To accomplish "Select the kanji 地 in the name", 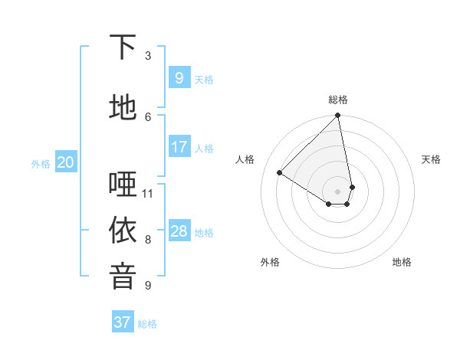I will [123, 108].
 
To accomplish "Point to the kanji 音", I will [123, 277].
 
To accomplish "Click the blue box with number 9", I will [179, 78].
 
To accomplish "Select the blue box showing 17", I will [179, 147].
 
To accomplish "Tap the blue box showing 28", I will [179, 231].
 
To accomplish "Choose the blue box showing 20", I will [66, 162].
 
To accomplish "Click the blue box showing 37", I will [123, 322].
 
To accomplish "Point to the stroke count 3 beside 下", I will [148, 56].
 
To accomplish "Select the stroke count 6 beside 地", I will [148, 116].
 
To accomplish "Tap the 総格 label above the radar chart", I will [338, 100].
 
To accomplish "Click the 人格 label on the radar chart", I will [245, 159].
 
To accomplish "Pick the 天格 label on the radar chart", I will [431, 159].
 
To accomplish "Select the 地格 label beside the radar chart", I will [402, 262].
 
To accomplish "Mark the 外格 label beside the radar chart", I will [270, 262].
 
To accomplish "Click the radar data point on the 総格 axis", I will [338, 116].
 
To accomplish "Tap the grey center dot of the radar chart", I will [338, 191].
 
